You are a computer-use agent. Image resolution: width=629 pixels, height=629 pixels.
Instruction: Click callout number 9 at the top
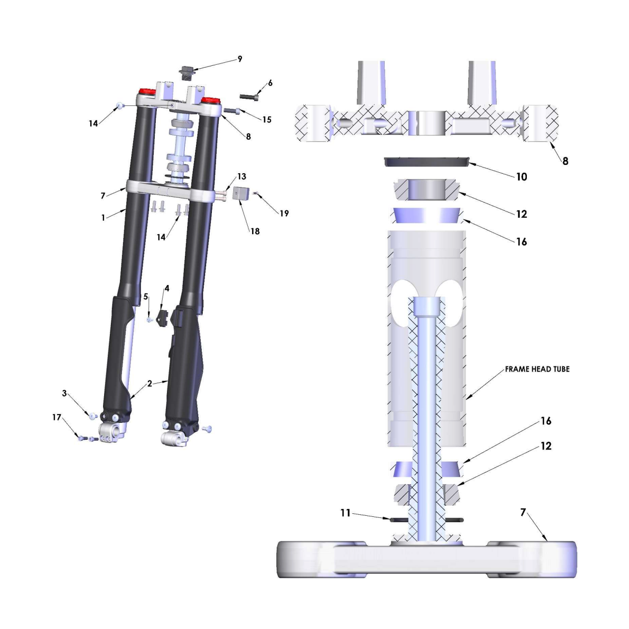(x=240, y=59)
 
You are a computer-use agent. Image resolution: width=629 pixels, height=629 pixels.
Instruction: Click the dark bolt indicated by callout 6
(x=249, y=97)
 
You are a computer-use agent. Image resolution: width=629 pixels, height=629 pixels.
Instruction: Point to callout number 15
(x=267, y=120)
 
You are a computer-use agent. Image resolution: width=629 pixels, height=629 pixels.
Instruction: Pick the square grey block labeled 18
(x=241, y=193)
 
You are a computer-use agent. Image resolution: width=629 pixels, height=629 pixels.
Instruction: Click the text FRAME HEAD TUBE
(x=537, y=369)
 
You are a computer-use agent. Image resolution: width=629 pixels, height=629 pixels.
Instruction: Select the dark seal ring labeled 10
(x=427, y=162)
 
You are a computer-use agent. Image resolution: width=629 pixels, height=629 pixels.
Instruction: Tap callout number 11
(x=345, y=513)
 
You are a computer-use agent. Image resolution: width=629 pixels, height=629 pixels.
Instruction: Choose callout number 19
(x=285, y=213)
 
